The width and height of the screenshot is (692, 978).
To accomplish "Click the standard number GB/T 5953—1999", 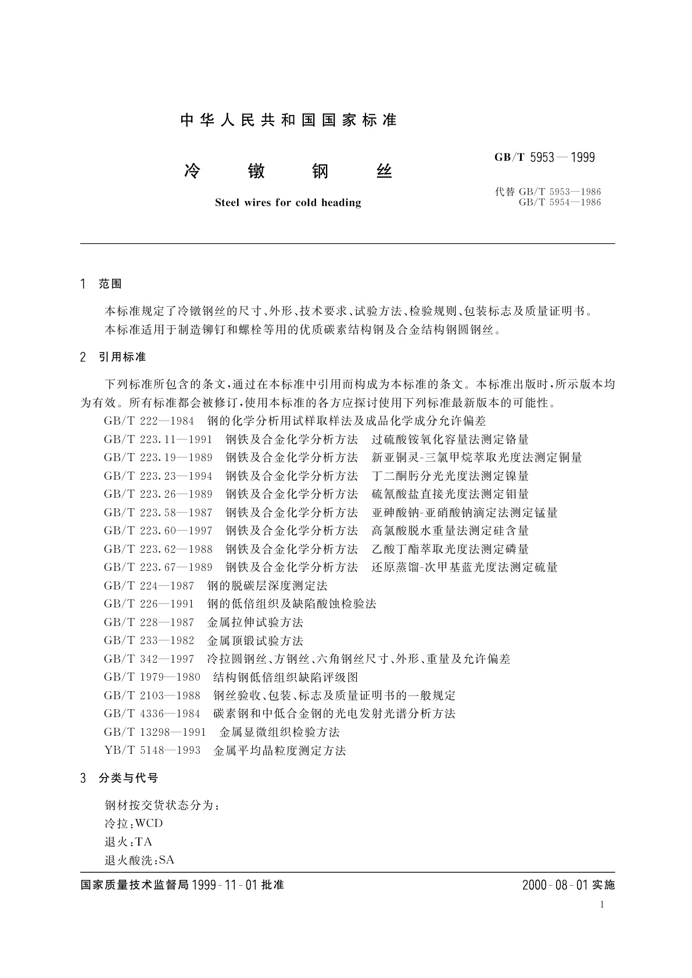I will tap(544, 157).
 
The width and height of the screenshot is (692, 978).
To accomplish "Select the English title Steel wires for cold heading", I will tap(288, 203).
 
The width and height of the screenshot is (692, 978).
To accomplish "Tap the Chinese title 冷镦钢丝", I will tap(288, 171).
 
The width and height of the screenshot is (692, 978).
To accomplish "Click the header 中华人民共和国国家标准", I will tap(289, 120).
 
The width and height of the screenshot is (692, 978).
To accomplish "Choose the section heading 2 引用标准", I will tap(113, 357).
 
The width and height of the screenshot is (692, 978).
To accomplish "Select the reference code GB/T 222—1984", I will tap(149, 421).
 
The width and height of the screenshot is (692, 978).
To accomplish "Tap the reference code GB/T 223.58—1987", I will tap(158, 513).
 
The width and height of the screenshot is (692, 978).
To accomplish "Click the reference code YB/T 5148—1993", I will tap(152, 751).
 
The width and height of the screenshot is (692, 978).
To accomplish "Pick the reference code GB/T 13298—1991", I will tap(155, 732).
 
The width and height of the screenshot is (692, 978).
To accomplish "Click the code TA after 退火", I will tap(144, 842).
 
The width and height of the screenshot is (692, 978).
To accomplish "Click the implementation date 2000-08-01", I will tap(555, 885).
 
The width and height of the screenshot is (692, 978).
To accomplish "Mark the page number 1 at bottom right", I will tap(602, 904).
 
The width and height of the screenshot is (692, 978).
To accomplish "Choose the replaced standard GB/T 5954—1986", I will tap(560, 203).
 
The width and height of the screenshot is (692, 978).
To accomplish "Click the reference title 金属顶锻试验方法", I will tap(255, 641).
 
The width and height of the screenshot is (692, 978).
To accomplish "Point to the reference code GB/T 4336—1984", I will tap(152, 714).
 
